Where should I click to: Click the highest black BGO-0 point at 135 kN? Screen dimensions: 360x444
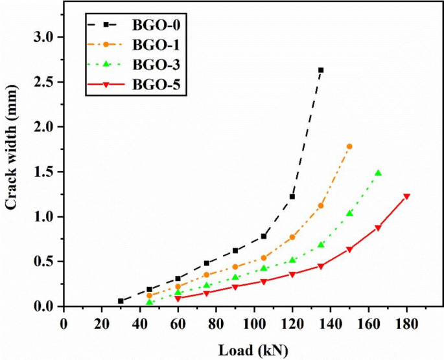coord(321,70)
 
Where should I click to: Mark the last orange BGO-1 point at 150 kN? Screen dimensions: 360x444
coord(349,146)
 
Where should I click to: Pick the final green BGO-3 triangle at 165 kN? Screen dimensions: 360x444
coord(378,173)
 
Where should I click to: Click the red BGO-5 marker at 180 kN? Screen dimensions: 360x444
coord(406,197)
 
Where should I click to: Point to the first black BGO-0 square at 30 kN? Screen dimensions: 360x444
coord(121,301)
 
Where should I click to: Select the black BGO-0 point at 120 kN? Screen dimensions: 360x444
coord(292,197)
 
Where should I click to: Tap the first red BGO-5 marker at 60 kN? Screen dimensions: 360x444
coord(178,298)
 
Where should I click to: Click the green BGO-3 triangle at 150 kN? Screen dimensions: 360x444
coord(349,213)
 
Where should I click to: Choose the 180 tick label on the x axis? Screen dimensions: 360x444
coord(406,322)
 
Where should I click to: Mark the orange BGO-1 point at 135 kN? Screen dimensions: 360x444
coord(321,206)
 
